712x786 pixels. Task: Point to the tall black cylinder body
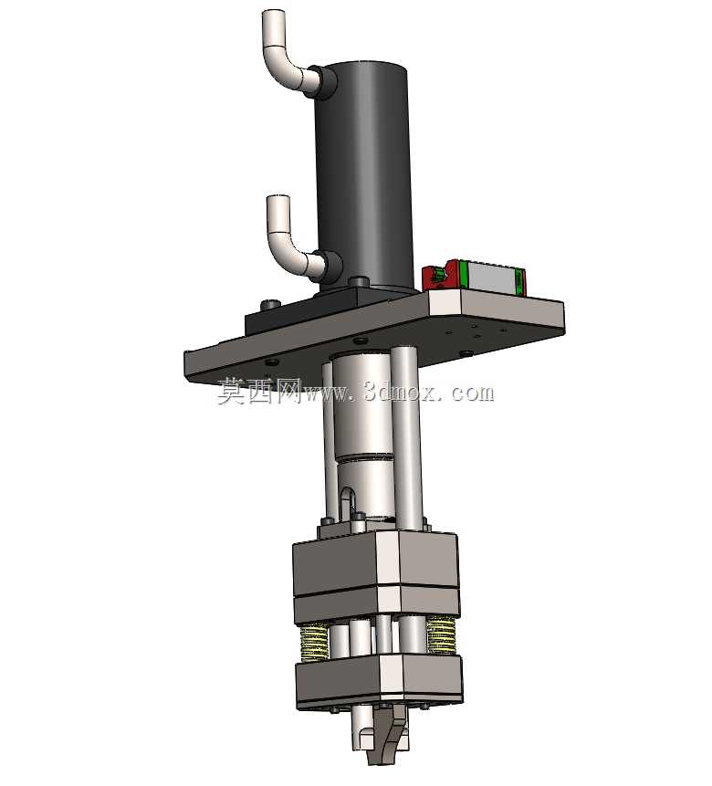pos(363,175)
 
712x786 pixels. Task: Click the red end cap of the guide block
pos(440,275)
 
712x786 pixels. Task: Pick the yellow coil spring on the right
pos(441,635)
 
